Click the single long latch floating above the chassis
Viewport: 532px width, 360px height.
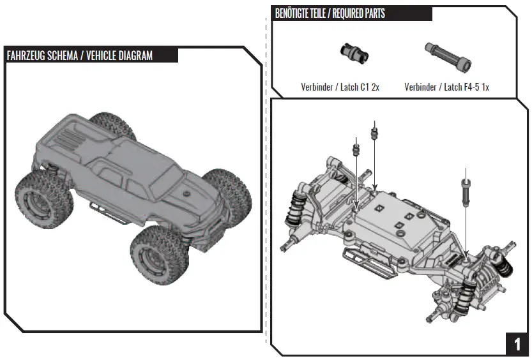point(466,190)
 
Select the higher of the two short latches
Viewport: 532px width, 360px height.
point(374,133)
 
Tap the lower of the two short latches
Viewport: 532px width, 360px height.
point(356,149)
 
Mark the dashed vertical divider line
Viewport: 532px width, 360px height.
point(266,179)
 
